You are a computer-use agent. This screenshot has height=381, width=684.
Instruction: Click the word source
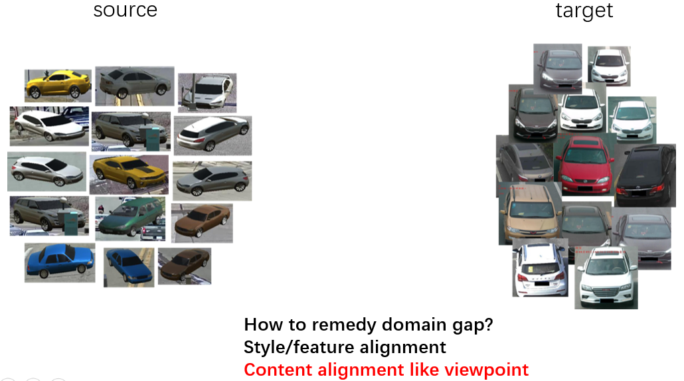[x=125, y=11]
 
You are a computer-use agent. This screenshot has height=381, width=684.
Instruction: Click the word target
[x=584, y=11]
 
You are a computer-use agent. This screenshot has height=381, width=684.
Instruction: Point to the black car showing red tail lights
[x=645, y=176]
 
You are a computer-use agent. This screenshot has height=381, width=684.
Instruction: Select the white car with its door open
[x=207, y=91]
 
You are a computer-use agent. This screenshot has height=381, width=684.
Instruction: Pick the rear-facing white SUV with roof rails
[x=540, y=268]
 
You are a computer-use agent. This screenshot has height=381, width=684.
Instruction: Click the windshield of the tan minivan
[x=529, y=210]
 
